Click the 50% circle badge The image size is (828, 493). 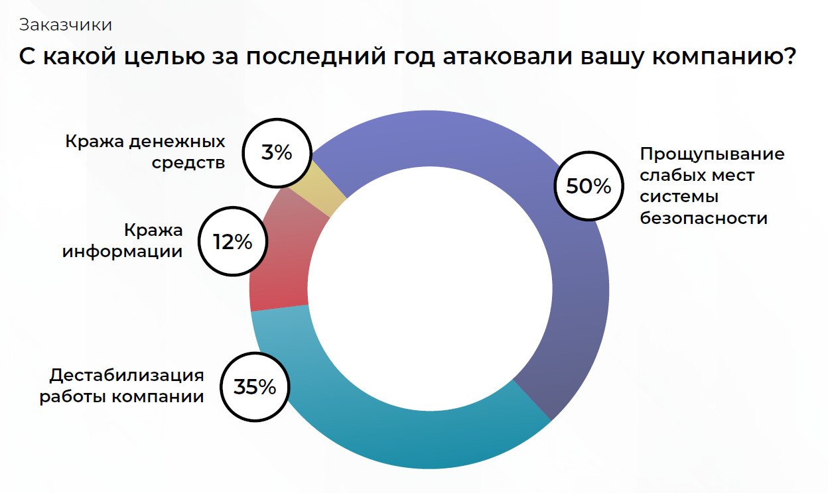[588, 186]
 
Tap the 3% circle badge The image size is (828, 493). [277, 153]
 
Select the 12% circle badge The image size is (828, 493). [232, 242]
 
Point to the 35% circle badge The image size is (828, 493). [254, 387]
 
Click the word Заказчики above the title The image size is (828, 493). [65, 25]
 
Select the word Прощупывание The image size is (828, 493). [712, 154]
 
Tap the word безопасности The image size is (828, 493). [703, 218]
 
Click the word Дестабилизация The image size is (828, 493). [126, 376]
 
